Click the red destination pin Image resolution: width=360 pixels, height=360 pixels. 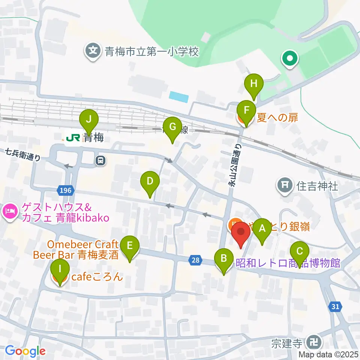pyautogui.click(x=241, y=234)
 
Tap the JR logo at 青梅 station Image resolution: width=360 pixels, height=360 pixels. pyautogui.click(x=73, y=138)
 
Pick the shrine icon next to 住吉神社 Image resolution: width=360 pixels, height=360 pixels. pyautogui.click(x=285, y=185)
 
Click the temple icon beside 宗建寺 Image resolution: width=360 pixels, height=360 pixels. pyautogui.click(x=313, y=342)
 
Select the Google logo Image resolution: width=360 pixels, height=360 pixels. pyautogui.click(x=25, y=351)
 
